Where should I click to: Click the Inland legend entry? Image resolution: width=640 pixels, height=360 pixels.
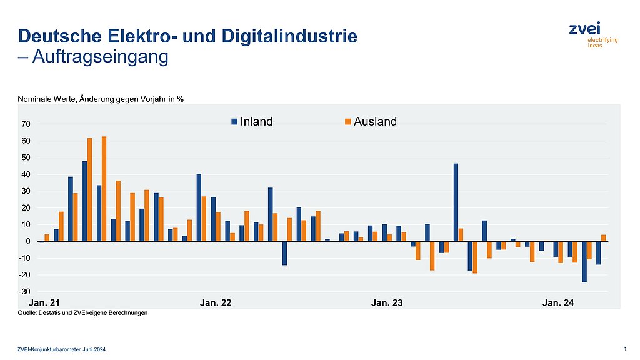(x=252, y=121)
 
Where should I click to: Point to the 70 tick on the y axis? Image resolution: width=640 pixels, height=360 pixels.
(x=26, y=124)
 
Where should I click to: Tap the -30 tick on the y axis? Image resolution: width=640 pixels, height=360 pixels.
(x=26, y=292)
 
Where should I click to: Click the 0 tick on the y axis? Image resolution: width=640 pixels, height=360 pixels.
(x=29, y=242)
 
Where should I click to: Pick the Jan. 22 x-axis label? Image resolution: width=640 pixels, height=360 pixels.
(x=215, y=303)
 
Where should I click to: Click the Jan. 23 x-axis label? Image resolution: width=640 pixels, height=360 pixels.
(x=387, y=303)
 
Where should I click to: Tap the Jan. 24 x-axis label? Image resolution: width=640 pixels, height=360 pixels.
(x=558, y=303)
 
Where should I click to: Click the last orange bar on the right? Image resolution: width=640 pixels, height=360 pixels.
(x=604, y=238)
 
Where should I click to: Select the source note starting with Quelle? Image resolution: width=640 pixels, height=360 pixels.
(x=82, y=313)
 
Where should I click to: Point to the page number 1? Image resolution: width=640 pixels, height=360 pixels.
(x=617, y=348)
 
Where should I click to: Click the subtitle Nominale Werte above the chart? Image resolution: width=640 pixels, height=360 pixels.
(x=100, y=99)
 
